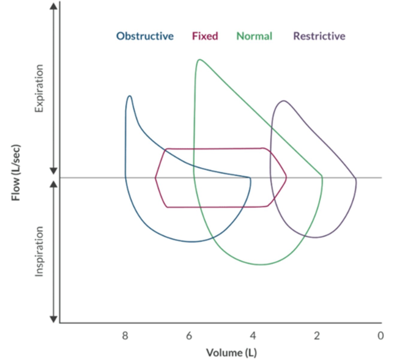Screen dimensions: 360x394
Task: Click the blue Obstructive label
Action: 145,36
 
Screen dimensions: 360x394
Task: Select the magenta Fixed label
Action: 205,36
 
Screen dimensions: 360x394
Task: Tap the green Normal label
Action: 254,36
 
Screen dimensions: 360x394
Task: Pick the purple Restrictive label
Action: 319,36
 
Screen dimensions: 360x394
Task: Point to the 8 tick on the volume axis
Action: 125,336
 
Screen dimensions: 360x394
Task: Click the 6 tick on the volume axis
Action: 189,336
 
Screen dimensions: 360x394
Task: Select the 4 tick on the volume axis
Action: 253,336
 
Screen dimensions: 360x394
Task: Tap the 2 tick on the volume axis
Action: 317,336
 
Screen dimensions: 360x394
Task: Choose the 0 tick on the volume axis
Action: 381,336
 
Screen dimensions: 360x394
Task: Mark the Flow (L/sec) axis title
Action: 16,173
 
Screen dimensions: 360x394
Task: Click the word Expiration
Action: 39,88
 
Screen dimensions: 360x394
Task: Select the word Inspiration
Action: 39,251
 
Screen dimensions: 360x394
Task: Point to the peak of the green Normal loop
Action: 199,59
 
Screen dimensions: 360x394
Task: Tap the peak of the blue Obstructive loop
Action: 129,96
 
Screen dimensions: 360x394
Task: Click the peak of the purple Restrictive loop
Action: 283,101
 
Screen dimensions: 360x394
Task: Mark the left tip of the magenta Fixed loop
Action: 156,178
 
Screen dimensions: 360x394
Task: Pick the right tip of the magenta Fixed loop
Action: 286,178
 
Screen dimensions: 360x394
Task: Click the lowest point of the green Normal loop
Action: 260,265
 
